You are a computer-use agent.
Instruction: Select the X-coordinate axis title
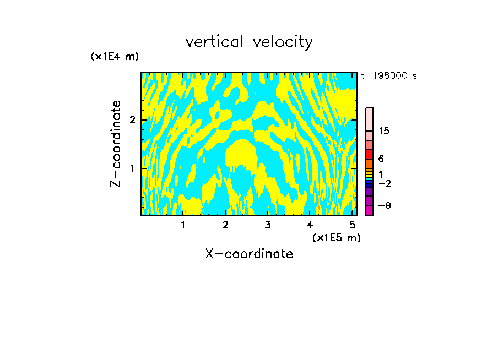pos(249,254)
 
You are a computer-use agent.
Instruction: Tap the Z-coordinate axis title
pos(116,144)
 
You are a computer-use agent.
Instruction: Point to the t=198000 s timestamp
pos(389,76)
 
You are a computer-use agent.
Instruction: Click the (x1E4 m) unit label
pos(115,57)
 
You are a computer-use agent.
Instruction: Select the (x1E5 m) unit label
pos(336,237)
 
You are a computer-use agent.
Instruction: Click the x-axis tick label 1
pos(183,225)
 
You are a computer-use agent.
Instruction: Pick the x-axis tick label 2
pos(225,225)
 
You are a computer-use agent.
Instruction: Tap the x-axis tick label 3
pos(268,225)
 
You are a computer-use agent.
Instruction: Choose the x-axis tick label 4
pos(310,225)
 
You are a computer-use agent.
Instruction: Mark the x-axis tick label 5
pos(352,225)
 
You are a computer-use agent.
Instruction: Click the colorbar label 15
pos(384,131)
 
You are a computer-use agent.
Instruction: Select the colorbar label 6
pos(381,159)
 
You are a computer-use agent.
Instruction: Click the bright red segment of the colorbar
pos(369,154)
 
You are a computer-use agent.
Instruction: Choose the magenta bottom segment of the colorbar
pos(369,210)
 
